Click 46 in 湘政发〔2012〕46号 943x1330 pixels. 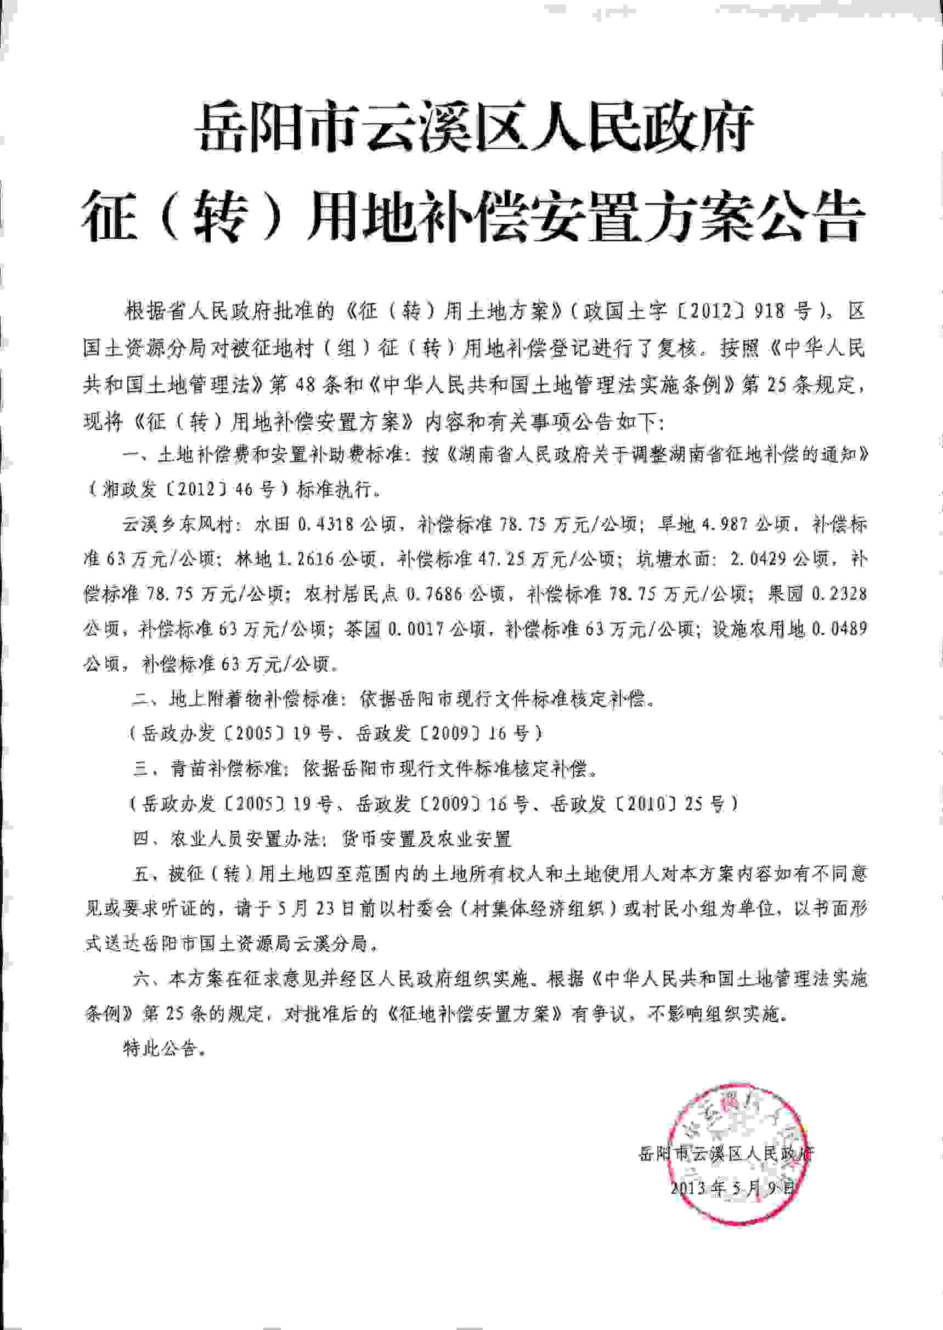click(x=245, y=489)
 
